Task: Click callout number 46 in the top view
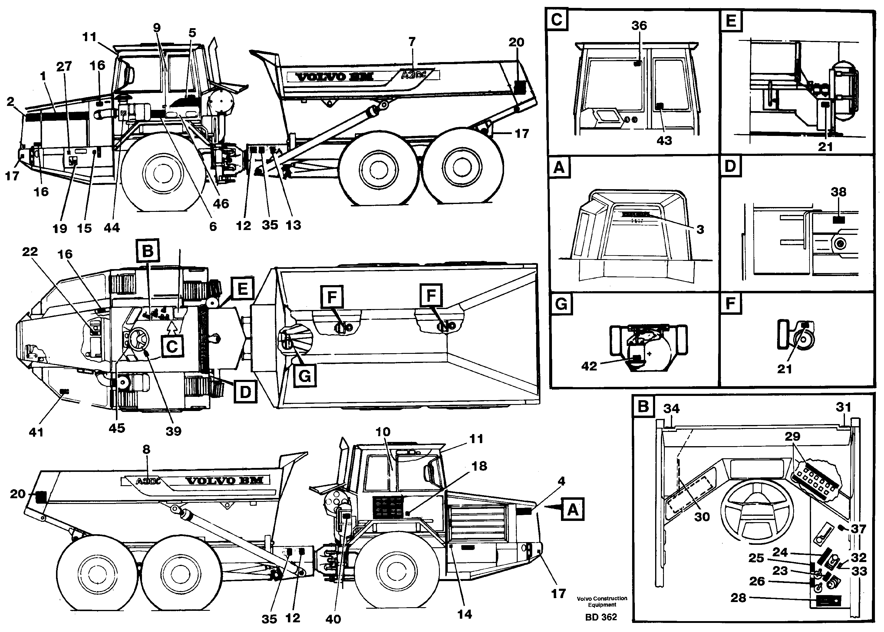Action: tap(221, 203)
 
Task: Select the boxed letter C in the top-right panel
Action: tap(557, 19)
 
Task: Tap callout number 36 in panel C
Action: tap(639, 26)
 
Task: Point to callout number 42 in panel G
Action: tap(589, 366)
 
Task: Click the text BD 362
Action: tap(601, 617)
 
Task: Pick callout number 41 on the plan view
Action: tap(36, 432)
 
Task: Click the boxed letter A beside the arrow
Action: tap(572, 509)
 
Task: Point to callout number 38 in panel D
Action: tap(839, 192)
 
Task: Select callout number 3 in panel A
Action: tap(700, 230)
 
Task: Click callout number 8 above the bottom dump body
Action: tap(146, 449)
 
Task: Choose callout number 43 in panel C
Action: tap(664, 140)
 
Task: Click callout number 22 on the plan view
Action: tap(30, 252)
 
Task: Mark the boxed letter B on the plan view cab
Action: tap(147, 252)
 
